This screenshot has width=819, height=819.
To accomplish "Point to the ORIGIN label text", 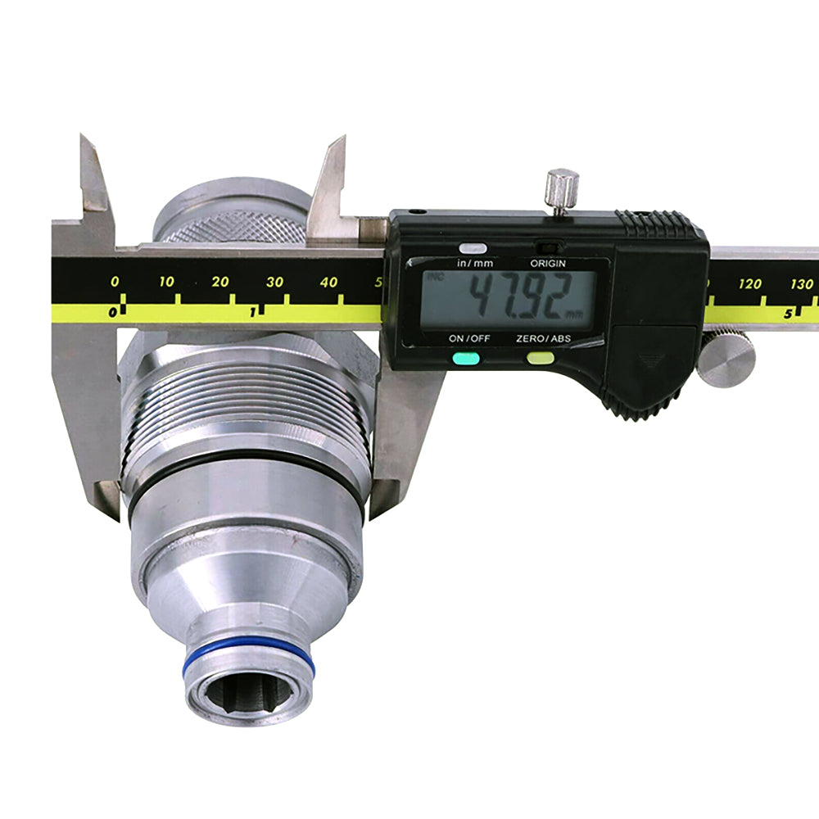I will pos(548,264).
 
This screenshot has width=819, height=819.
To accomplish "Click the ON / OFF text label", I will pos(468,338).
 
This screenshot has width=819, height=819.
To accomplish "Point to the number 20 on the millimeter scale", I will pos(220,282).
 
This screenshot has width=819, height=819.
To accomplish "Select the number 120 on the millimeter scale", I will pos(749,284).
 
